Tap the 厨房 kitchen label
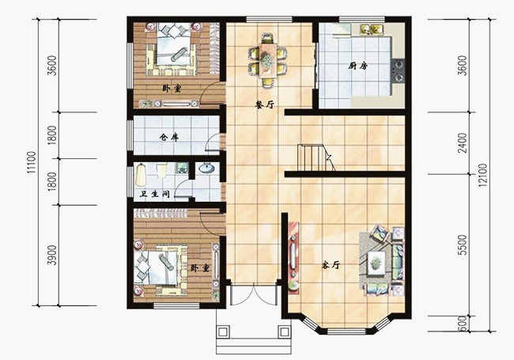[x=358, y=66]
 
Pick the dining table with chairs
[x=269, y=58]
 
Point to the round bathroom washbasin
[x=206, y=168]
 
